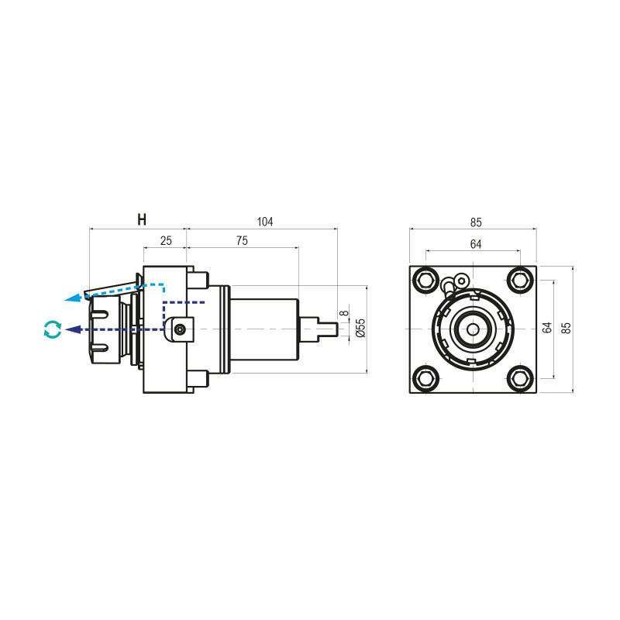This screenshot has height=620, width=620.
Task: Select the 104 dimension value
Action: tap(265, 222)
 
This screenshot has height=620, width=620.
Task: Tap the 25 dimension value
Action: tap(166, 241)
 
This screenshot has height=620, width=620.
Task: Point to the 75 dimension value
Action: tap(242, 241)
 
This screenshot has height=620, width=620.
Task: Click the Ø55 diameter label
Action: tap(360, 329)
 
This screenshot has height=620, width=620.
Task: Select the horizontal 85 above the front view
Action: tap(476, 222)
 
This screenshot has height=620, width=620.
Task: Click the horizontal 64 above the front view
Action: tap(476, 244)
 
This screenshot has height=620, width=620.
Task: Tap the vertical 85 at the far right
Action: tap(566, 329)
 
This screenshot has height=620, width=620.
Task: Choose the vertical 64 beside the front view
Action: tap(547, 329)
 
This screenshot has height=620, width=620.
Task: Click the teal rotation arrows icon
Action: tap(52, 329)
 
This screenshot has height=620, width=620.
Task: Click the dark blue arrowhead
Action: tap(72, 329)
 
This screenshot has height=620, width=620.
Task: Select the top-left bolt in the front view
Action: tap(425, 279)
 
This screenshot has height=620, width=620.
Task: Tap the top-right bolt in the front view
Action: tap(520, 279)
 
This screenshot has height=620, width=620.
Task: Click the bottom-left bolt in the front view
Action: tap(425, 378)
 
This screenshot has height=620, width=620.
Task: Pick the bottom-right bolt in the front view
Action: tap(520, 378)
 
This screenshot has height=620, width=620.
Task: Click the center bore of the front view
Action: tap(473, 329)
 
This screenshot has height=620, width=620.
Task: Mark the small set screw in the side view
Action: tap(180, 329)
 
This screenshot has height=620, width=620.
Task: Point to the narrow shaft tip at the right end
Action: tap(332, 329)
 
